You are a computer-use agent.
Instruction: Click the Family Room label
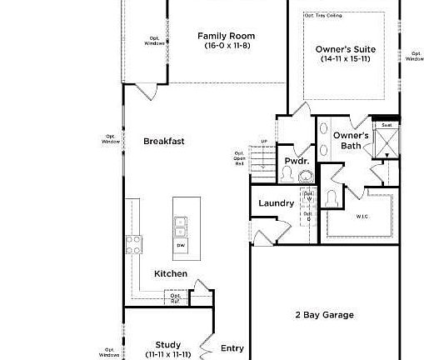[226, 36]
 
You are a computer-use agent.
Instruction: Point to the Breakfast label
[163, 141]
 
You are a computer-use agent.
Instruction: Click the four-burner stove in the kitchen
[134, 244]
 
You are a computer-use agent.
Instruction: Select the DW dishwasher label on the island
[180, 246]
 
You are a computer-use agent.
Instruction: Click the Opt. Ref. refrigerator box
[176, 297]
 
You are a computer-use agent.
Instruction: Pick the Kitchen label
[170, 273]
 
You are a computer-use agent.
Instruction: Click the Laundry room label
[276, 202]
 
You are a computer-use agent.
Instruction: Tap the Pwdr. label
[297, 160]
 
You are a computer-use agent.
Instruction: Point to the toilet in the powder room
[287, 173]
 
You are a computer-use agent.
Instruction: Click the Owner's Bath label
[351, 141]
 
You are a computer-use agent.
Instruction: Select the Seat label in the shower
[387, 125]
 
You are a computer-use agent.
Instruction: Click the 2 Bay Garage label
[324, 314]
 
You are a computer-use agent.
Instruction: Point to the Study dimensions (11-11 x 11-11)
[168, 354]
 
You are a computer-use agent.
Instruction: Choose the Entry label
[232, 348]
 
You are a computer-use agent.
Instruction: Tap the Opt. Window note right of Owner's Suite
[414, 56]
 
